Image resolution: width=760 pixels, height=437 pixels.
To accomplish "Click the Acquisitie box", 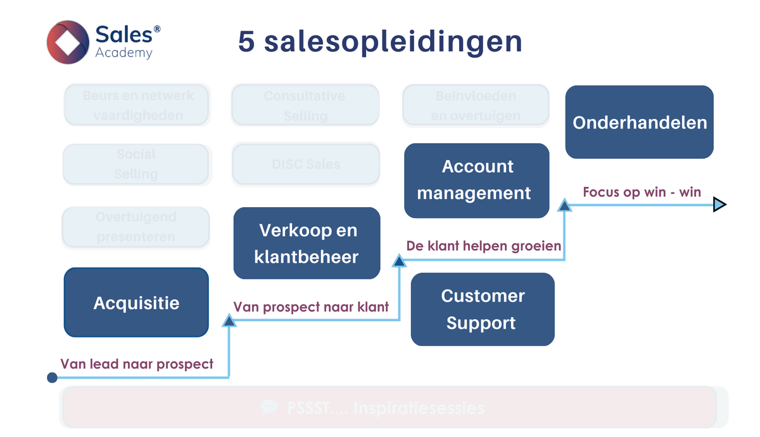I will pyautogui.click(x=136, y=303).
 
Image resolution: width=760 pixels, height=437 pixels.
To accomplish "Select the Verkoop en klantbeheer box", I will pyautogui.click(x=307, y=243).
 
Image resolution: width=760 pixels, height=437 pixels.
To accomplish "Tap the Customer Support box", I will pyautogui.click(x=482, y=309).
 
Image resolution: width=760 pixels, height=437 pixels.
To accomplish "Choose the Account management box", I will pyautogui.click(x=476, y=180).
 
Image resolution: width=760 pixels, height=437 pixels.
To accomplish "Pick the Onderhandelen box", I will pyautogui.click(x=639, y=122).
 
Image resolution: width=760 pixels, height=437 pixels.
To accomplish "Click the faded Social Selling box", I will pyautogui.click(x=136, y=164).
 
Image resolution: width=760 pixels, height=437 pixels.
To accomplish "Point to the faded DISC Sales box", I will pyautogui.click(x=306, y=164).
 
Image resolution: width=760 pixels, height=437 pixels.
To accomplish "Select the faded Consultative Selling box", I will pyautogui.click(x=305, y=106).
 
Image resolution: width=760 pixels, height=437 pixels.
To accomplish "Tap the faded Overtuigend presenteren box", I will pyautogui.click(x=136, y=227).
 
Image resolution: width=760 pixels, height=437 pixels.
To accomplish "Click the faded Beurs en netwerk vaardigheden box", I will pyautogui.click(x=137, y=106).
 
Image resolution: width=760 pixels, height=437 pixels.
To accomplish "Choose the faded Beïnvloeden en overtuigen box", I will pyautogui.click(x=476, y=106).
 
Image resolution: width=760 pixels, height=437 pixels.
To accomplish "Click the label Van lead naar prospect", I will pyautogui.click(x=137, y=364).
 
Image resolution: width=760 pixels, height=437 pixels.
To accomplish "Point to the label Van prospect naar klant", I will pyautogui.click(x=311, y=307).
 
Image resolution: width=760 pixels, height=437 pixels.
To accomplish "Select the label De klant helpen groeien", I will pyautogui.click(x=484, y=246).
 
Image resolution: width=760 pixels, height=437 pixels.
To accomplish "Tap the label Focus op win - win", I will pyautogui.click(x=642, y=192).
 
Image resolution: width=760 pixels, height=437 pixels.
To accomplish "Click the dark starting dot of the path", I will pyautogui.click(x=53, y=378).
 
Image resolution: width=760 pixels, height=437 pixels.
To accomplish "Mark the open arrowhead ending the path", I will pyautogui.click(x=719, y=205).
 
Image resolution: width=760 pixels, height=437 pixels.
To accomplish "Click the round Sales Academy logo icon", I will pyautogui.click(x=68, y=42).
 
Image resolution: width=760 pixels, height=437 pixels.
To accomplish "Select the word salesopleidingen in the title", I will pyautogui.click(x=393, y=42).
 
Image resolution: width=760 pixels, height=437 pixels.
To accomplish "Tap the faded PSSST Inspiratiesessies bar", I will pyautogui.click(x=388, y=407).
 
